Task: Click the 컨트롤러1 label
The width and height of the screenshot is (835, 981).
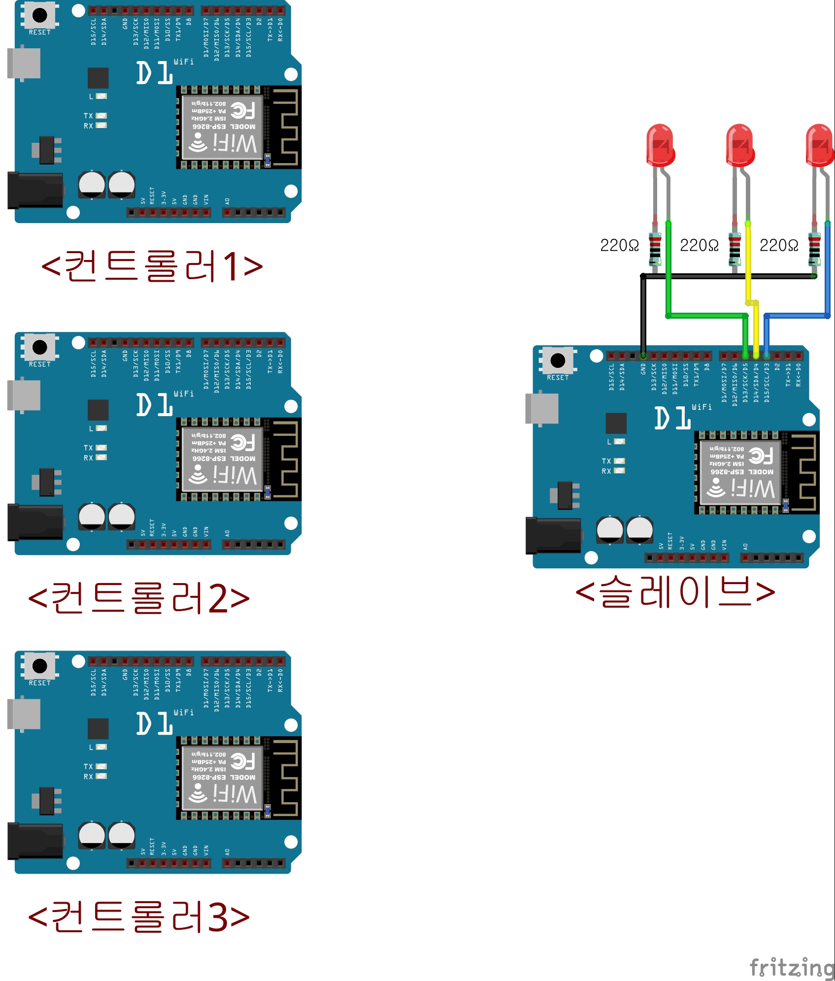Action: coord(152,266)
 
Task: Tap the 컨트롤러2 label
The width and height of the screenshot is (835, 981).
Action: coord(139,598)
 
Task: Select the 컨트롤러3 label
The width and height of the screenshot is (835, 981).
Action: coord(139,916)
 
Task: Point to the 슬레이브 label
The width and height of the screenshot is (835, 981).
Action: coord(675,591)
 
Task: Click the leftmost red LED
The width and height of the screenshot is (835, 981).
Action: coord(660,145)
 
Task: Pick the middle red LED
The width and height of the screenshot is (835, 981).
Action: coord(740,145)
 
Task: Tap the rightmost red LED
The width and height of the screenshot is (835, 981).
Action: coord(820,145)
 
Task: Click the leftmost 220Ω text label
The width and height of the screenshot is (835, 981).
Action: coord(619,245)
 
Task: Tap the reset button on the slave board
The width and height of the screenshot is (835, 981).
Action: coord(558,360)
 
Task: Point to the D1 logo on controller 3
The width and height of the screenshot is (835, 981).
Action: coord(154,723)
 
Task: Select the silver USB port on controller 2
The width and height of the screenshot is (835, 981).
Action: coord(24,395)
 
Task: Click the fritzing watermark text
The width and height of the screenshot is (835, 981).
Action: coord(791,968)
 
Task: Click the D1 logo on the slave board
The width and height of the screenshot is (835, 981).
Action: coord(672,418)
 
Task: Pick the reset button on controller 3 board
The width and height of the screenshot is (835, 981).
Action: coord(39,666)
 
